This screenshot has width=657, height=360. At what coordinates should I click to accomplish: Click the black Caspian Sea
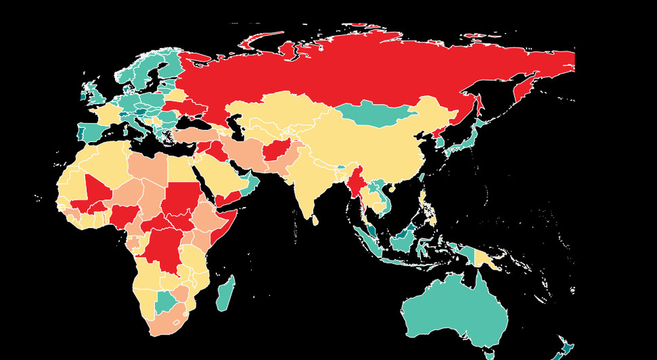point(237,128)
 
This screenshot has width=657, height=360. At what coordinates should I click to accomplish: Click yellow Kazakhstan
point(272,110)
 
